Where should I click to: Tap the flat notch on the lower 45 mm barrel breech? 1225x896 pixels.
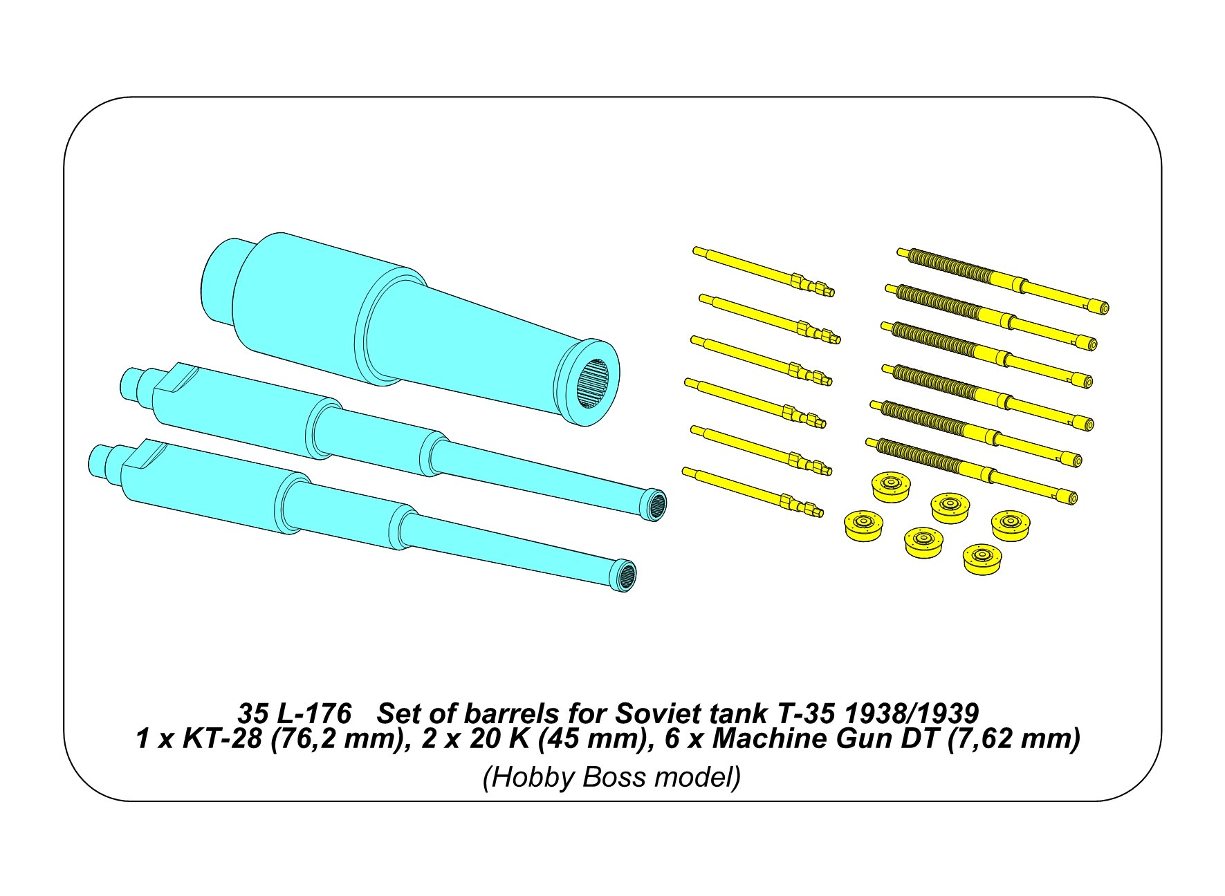click(147, 454)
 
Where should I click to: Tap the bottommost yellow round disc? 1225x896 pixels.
click(982, 559)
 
